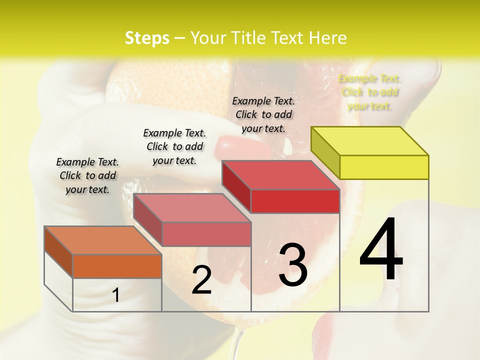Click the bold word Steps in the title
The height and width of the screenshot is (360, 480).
[147, 38]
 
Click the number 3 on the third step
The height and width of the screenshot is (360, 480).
[293, 265]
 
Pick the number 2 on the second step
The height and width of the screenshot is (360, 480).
[201, 280]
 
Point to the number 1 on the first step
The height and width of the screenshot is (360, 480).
[116, 295]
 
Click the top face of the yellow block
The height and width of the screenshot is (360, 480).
[370, 141]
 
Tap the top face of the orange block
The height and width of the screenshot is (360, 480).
[103, 240]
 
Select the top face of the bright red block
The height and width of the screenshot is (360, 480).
[280, 175]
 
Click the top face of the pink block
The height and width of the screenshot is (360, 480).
[192, 208]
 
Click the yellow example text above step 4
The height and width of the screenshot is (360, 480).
[369, 92]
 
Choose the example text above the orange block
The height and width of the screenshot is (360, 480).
[87, 175]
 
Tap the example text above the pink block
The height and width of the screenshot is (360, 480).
[174, 146]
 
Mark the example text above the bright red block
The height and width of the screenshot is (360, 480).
[263, 114]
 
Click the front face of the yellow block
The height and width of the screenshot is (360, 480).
[384, 167]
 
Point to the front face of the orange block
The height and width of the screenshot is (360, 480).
[117, 266]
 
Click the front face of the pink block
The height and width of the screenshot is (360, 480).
[206, 234]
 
